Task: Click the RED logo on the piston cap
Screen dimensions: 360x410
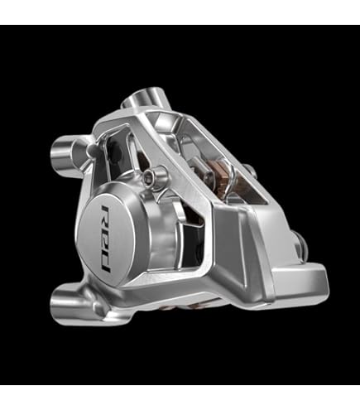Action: click(x=106, y=239)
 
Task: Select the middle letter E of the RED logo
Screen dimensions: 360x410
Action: click(x=107, y=238)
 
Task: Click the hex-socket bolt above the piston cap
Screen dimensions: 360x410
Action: click(x=150, y=174)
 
